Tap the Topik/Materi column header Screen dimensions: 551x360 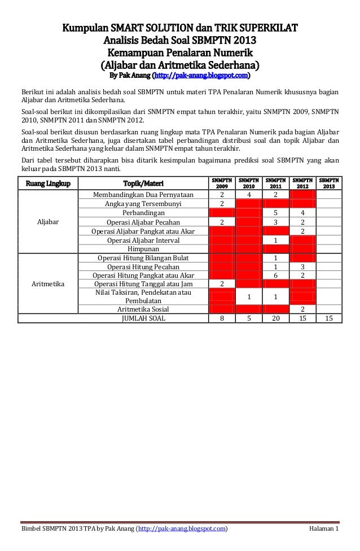pyautogui.click(x=142, y=183)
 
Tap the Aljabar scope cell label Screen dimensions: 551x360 pyautogui.click(x=48, y=222)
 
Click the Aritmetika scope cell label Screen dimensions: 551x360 pyautogui.click(x=48, y=283)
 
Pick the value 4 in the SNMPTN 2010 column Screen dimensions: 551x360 pyautogui.click(x=249, y=195)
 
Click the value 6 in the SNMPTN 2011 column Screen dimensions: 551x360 pyautogui.click(x=275, y=275)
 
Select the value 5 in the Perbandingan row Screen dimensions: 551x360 pyautogui.click(x=275, y=213)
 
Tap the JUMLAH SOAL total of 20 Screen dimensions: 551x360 pyautogui.click(x=275, y=318)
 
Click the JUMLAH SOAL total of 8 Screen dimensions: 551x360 pyautogui.click(x=222, y=318)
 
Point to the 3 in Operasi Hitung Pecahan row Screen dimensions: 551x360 pyautogui.click(x=302, y=266)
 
